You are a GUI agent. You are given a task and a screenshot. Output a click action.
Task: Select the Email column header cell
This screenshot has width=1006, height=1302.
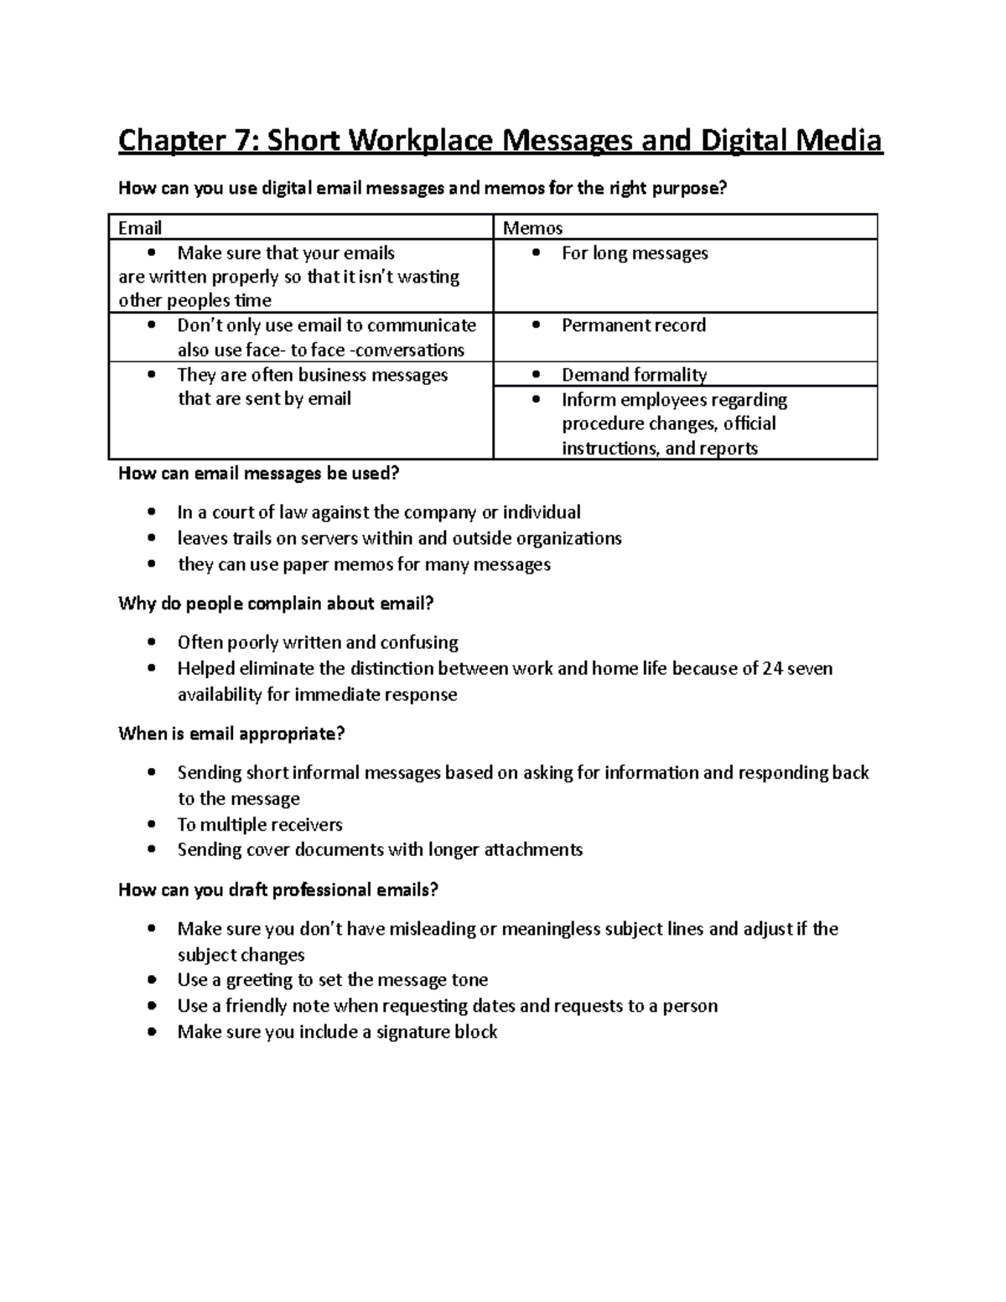[301, 227]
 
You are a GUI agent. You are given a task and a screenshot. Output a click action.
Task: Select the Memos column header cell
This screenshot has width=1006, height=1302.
[685, 227]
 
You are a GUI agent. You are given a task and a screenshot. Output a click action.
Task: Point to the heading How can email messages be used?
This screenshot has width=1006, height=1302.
[259, 474]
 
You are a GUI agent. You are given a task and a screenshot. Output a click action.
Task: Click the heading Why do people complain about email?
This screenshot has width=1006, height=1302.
[276, 604]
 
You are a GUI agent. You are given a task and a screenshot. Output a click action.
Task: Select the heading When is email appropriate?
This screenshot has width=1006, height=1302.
[231, 734]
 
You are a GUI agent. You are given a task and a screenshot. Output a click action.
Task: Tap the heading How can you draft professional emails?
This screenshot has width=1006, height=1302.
[278, 890]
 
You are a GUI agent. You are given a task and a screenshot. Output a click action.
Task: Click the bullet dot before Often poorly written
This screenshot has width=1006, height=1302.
[151, 643]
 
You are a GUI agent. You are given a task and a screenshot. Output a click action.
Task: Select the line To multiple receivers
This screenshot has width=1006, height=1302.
[260, 824]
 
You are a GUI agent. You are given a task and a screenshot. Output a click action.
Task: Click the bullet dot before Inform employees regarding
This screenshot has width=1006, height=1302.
[537, 401]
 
